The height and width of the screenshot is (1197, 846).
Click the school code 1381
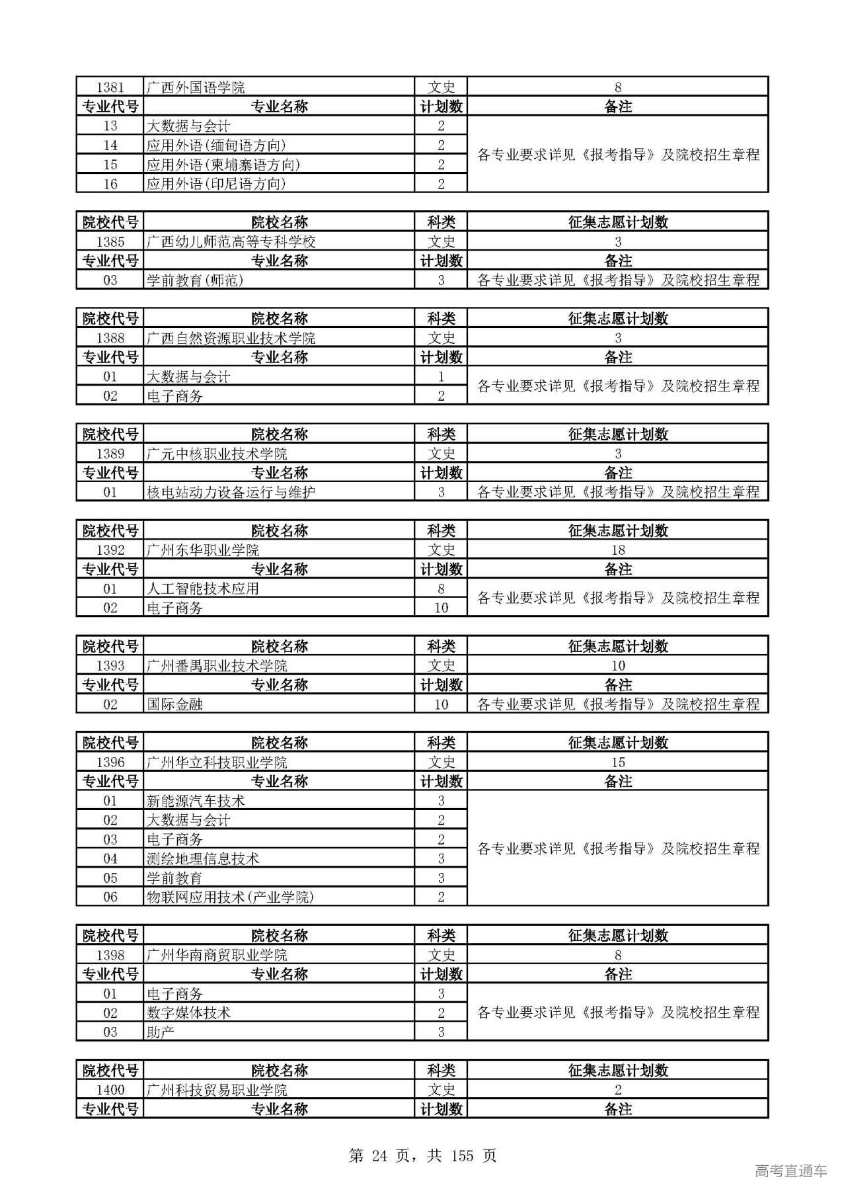pyautogui.click(x=110, y=87)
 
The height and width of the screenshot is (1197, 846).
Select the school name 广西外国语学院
pyautogui.click(x=195, y=87)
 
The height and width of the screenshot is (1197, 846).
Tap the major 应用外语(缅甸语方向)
pyautogui.click(x=216, y=145)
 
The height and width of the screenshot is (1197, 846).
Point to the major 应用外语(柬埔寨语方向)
pyautogui.click(x=223, y=165)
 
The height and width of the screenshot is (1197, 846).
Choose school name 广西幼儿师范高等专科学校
pyautogui.click(x=231, y=242)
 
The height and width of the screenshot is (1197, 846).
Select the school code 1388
pyautogui.click(x=110, y=338)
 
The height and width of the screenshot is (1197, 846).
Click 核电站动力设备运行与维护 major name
pyautogui.click(x=231, y=492)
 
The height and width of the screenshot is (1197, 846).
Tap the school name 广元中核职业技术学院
pyautogui.click(x=216, y=454)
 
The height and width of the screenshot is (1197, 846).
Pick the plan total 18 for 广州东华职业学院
pyautogui.click(x=617, y=550)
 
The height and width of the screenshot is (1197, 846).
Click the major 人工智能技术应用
pyautogui.click(x=202, y=589)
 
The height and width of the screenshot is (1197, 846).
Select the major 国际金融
pyautogui.click(x=174, y=704)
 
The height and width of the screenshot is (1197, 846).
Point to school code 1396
pyautogui.click(x=110, y=763)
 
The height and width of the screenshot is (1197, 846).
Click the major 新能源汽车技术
pyautogui.click(x=195, y=801)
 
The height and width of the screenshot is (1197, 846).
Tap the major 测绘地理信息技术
pyautogui.click(x=202, y=858)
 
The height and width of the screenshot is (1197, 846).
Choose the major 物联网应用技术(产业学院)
pyautogui.click(x=230, y=897)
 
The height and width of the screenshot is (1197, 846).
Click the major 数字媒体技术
pyautogui.click(x=188, y=1012)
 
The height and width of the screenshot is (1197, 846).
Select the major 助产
pyautogui.click(x=160, y=1032)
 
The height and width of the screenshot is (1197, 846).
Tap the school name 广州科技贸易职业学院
pyautogui.click(x=216, y=1090)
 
